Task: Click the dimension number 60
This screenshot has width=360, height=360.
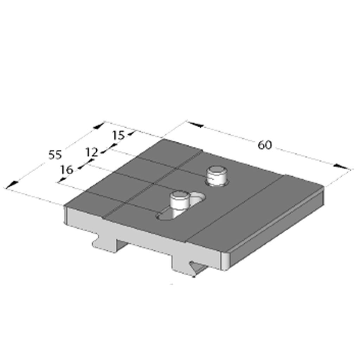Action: (265, 144)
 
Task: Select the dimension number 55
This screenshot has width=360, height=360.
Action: (55, 155)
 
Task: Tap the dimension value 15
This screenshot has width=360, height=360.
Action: (119, 135)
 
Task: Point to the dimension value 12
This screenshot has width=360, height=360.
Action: (92, 152)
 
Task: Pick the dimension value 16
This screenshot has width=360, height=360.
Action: (66, 170)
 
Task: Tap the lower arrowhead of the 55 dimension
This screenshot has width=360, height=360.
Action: (12, 184)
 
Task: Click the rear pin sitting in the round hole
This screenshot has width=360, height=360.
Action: (217, 175)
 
